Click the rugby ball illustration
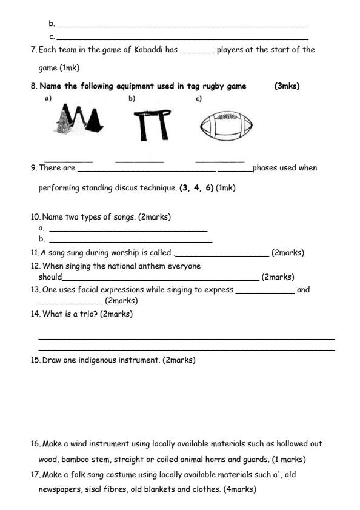pos(225,126)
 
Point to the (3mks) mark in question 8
pos(287,86)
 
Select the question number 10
pos(35,217)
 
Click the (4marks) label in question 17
pos(240,489)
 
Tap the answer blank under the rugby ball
pos(219,161)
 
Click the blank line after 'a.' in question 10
pos(128,230)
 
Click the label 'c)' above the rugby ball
pos(198,98)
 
